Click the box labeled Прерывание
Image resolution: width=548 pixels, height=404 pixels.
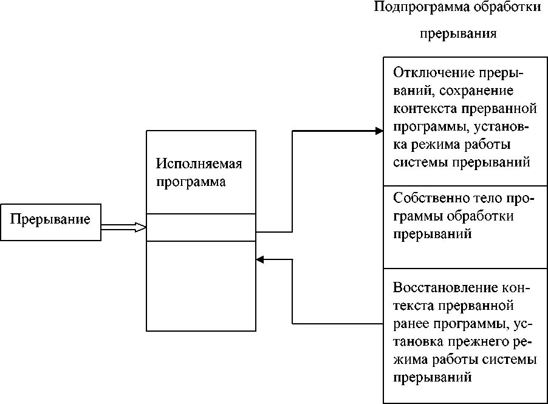pyautogui.click(x=50, y=222)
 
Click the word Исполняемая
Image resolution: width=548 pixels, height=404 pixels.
pyautogui.click(x=199, y=164)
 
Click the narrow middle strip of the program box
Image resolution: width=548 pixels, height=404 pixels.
pyautogui.click(x=201, y=228)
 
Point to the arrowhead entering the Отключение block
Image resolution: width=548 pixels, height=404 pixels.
pyautogui.click(x=378, y=131)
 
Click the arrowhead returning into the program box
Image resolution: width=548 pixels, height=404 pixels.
pyautogui.click(x=260, y=259)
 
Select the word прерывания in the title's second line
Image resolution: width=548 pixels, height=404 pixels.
pyautogui.click(x=459, y=33)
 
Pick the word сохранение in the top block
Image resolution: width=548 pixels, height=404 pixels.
pyautogui.click(x=481, y=92)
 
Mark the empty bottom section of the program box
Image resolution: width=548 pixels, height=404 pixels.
pyautogui.click(x=201, y=286)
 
